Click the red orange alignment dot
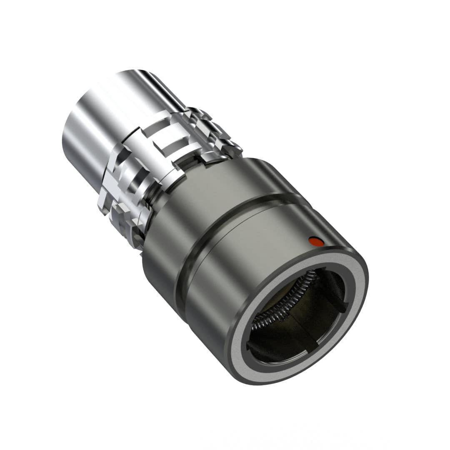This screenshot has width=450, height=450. coord(315,240)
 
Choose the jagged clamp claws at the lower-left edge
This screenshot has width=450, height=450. coord(121,217)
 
